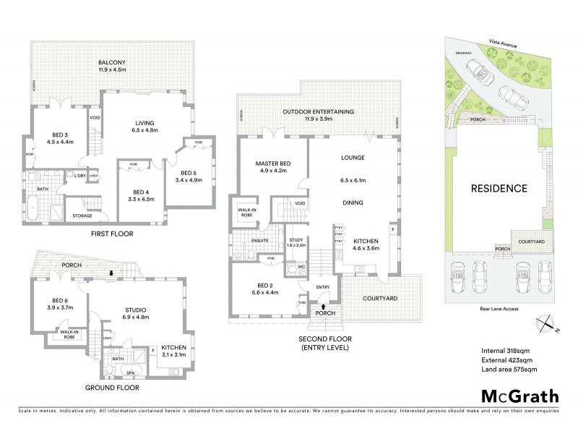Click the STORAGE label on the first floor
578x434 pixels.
[82, 216]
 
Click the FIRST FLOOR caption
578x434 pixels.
[111, 234]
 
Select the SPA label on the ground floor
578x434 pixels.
[131, 373]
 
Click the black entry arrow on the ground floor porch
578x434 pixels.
[110, 273]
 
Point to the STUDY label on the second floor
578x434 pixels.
[296, 240]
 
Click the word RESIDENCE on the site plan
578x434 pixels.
[499, 189]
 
